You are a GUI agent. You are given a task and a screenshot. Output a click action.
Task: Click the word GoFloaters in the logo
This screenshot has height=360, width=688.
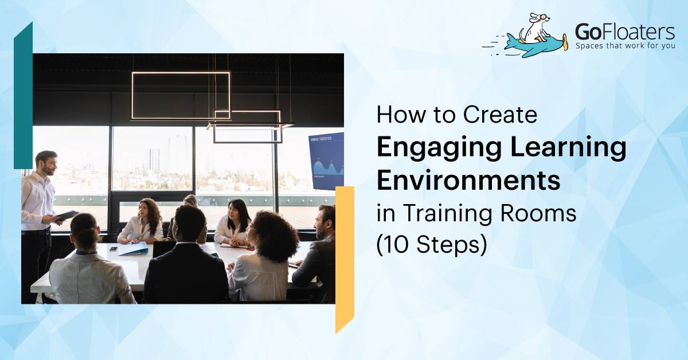[624, 31]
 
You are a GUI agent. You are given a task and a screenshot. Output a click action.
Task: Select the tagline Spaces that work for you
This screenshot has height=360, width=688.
[625, 45]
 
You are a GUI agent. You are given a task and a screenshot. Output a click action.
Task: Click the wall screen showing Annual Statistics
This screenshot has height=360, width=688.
[326, 161]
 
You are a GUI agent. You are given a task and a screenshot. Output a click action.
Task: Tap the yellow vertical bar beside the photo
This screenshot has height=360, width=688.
[345, 258]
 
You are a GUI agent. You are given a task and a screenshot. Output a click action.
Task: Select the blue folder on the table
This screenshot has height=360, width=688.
[132, 248]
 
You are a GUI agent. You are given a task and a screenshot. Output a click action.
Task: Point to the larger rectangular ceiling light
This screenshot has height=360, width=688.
[181, 95]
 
